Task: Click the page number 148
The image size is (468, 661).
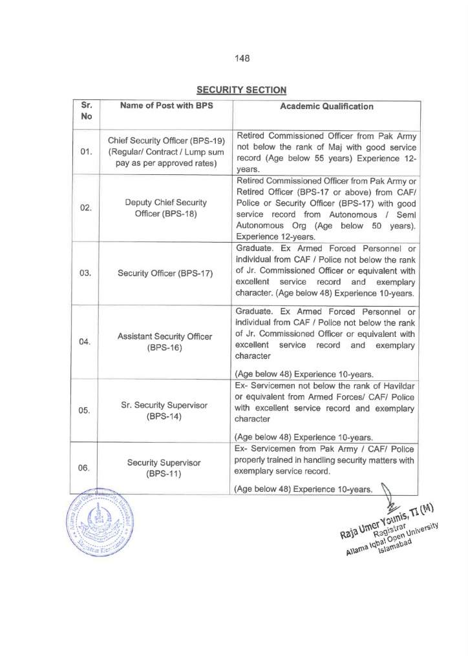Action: [242, 58]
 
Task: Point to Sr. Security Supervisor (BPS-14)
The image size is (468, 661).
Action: [164, 411]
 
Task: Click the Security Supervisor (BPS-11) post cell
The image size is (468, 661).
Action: [164, 468]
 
